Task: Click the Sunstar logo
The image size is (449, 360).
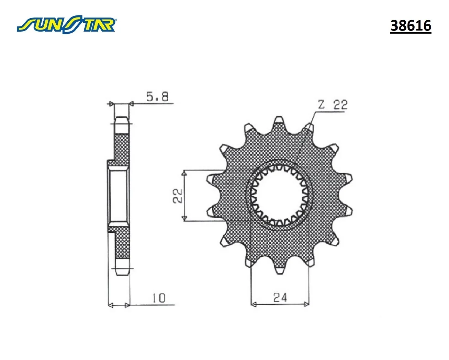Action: point(67,24)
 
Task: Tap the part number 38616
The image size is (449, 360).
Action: point(411,26)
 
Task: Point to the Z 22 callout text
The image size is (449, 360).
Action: point(333,105)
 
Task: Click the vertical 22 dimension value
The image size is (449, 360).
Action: point(178,196)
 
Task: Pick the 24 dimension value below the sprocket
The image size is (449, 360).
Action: point(280,298)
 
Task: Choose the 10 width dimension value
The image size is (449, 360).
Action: point(159,298)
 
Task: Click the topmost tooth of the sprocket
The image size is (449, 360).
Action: point(279,120)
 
